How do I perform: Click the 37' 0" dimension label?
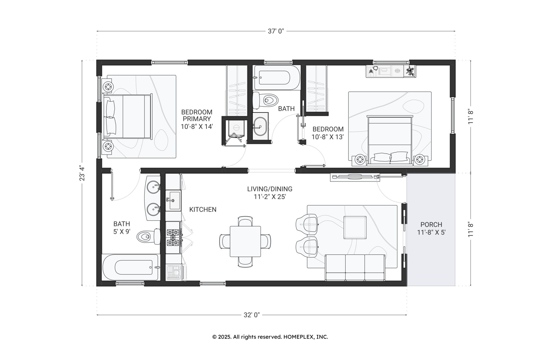point(276,31)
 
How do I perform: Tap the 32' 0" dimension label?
point(251,315)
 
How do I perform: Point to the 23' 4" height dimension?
point(82,173)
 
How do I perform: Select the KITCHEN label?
point(203,210)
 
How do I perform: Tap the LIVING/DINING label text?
point(270,189)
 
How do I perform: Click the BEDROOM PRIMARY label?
point(197,116)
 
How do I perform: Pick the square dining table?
point(245,242)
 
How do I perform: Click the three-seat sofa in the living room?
point(355,268)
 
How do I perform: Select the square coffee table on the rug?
point(355,227)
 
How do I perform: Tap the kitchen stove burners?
point(173,238)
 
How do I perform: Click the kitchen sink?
point(173,201)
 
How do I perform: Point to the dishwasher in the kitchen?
point(174,272)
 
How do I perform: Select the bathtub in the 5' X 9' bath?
point(130,267)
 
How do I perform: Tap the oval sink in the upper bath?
point(260,126)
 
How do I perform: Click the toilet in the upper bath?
point(265,100)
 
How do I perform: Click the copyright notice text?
point(270,337)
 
